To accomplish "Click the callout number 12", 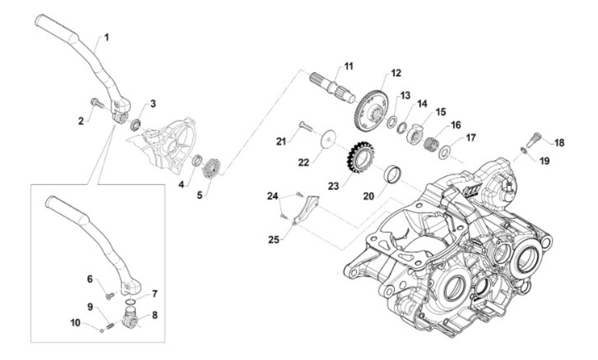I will (396, 73).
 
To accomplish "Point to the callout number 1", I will (107, 37).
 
